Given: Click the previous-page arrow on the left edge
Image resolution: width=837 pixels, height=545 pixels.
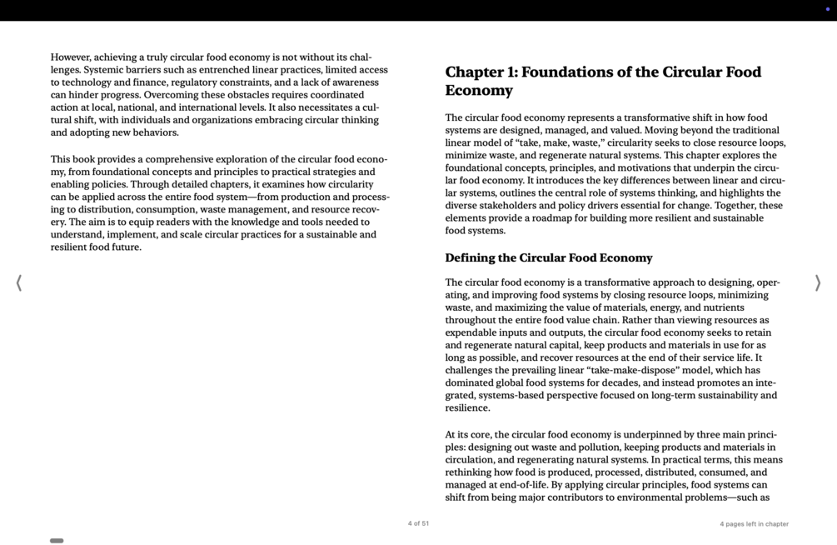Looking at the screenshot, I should (x=19, y=283).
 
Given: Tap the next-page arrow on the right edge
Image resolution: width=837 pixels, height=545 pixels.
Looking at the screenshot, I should (x=817, y=283).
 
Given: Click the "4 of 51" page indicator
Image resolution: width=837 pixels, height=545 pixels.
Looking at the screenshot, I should (x=418, y=523).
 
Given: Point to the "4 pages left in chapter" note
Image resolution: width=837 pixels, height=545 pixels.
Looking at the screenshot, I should (x=754, y=524).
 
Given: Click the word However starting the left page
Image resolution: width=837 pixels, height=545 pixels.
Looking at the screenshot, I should (x=70, y=57).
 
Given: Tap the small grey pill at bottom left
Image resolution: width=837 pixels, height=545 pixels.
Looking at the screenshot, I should (x=57, y=541).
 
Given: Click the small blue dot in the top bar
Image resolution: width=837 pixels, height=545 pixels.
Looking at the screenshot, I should (x=827, y=9).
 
